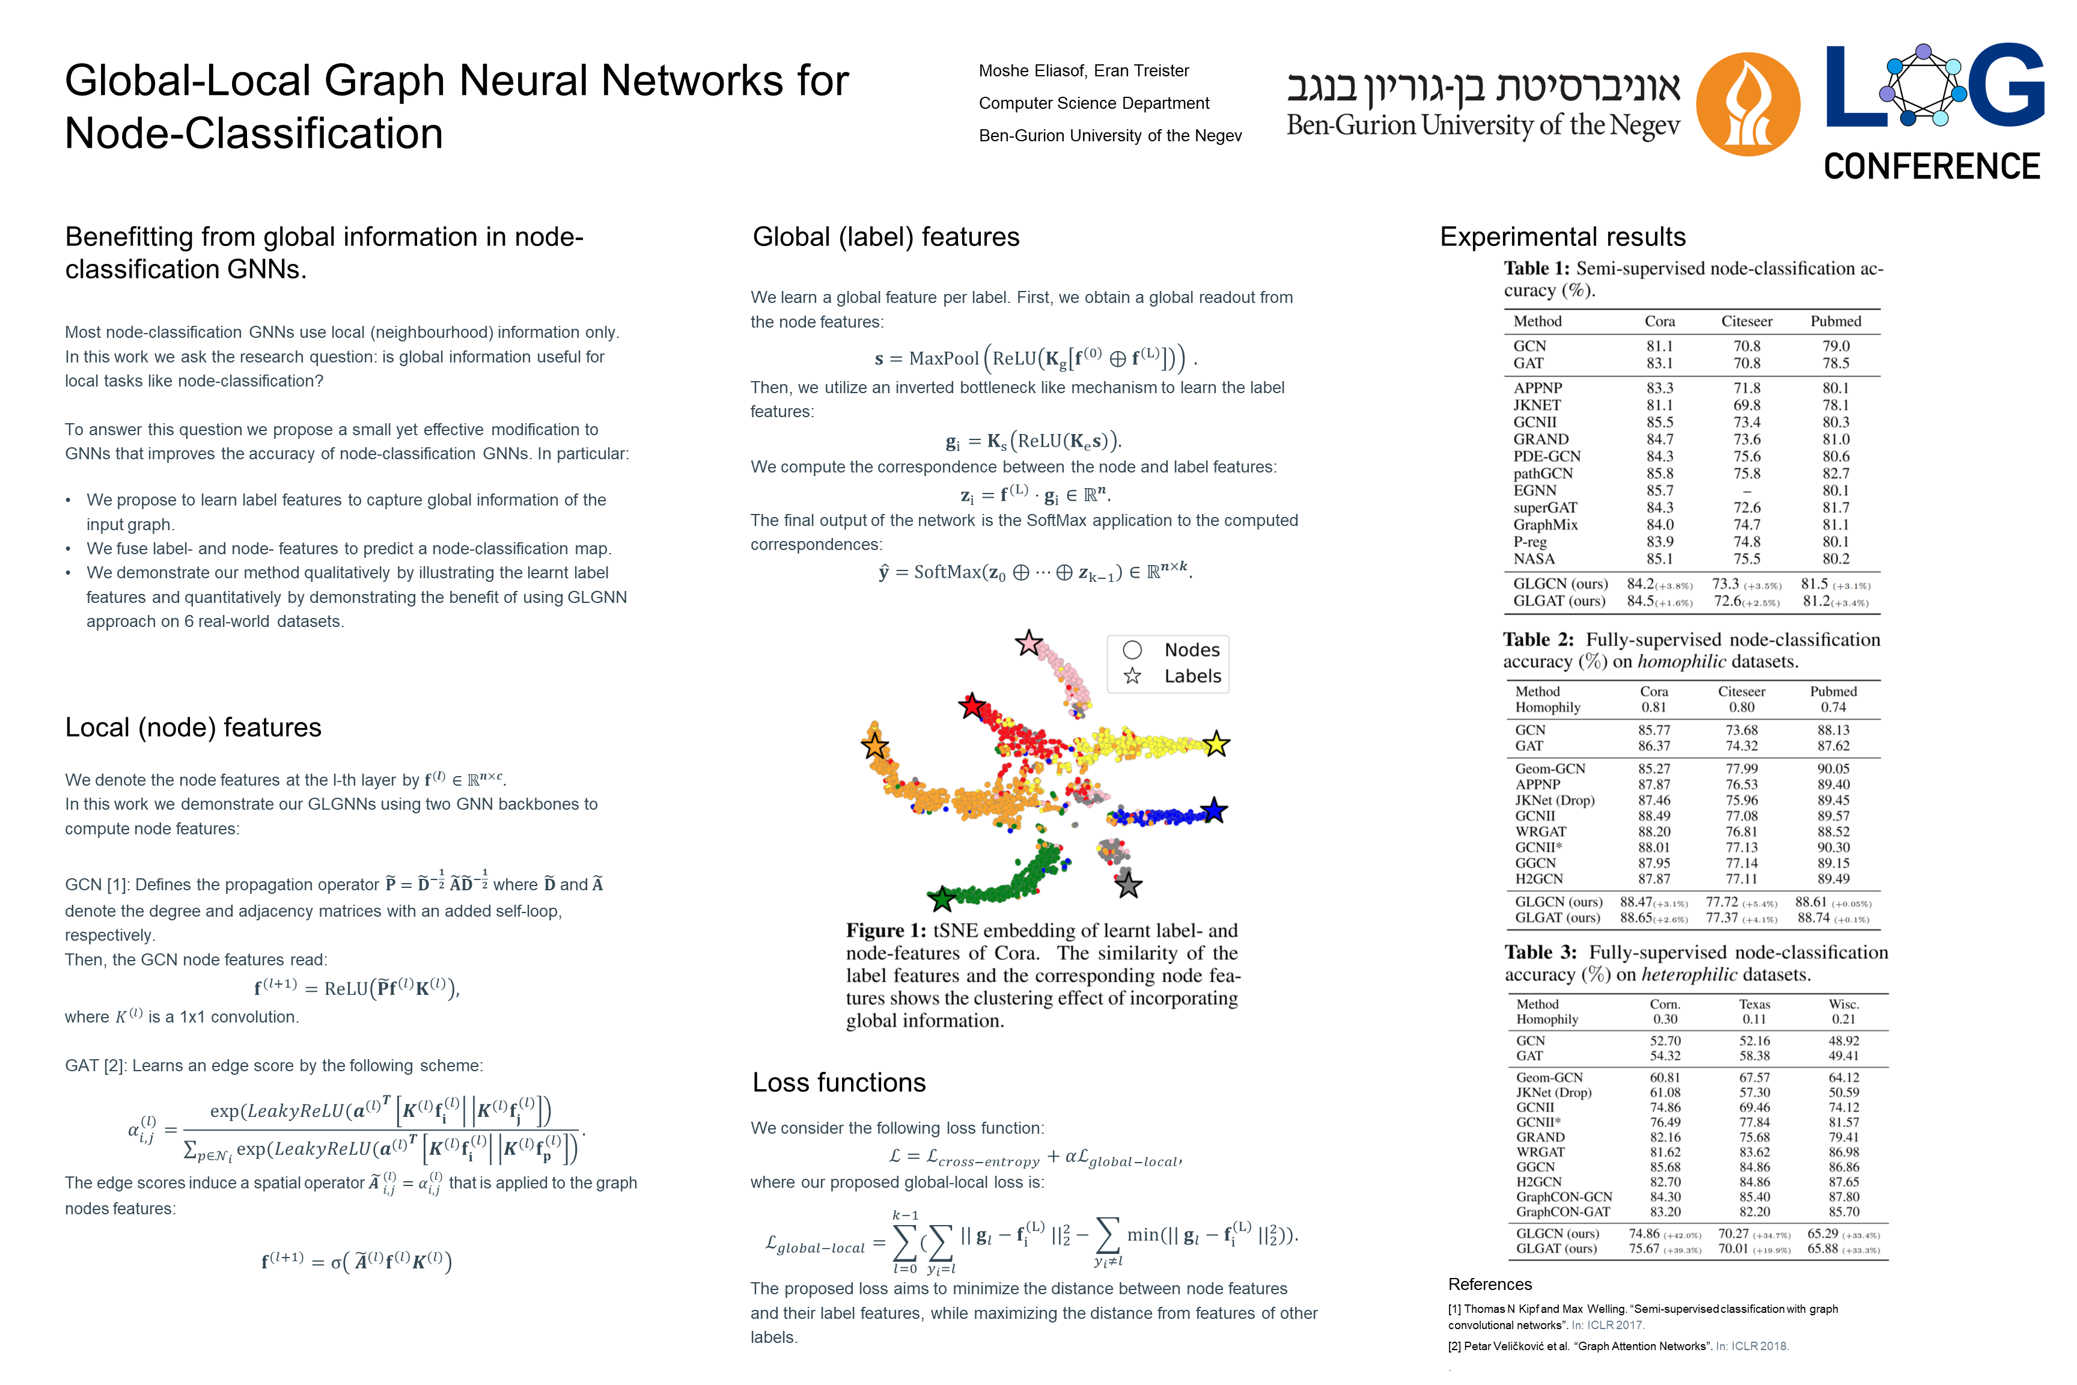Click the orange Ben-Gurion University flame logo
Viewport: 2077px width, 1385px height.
pos(1748,104)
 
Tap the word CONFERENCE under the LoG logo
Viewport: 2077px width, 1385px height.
pos(1932,166)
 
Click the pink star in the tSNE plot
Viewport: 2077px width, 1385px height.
pos(1029,643)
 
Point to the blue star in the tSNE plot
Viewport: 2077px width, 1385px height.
pos(1214,810)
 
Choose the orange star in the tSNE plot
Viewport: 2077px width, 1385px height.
pos(874,745)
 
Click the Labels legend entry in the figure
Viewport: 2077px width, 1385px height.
pos(1191,677)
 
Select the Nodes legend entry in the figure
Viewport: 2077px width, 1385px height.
pos(1191,650)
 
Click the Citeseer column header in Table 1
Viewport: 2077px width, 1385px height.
pos(1746,322)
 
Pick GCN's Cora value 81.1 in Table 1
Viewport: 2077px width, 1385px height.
pos(1659,346)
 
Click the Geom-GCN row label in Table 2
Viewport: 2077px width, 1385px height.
pos(1550,768)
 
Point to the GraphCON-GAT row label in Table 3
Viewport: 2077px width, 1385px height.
pos(1563,1212)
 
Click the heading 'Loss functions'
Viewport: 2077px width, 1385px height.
pos(839,1082)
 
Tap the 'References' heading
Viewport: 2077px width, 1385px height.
pos(1490,1284)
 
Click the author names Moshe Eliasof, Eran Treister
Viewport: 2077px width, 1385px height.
pos(1084,71)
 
